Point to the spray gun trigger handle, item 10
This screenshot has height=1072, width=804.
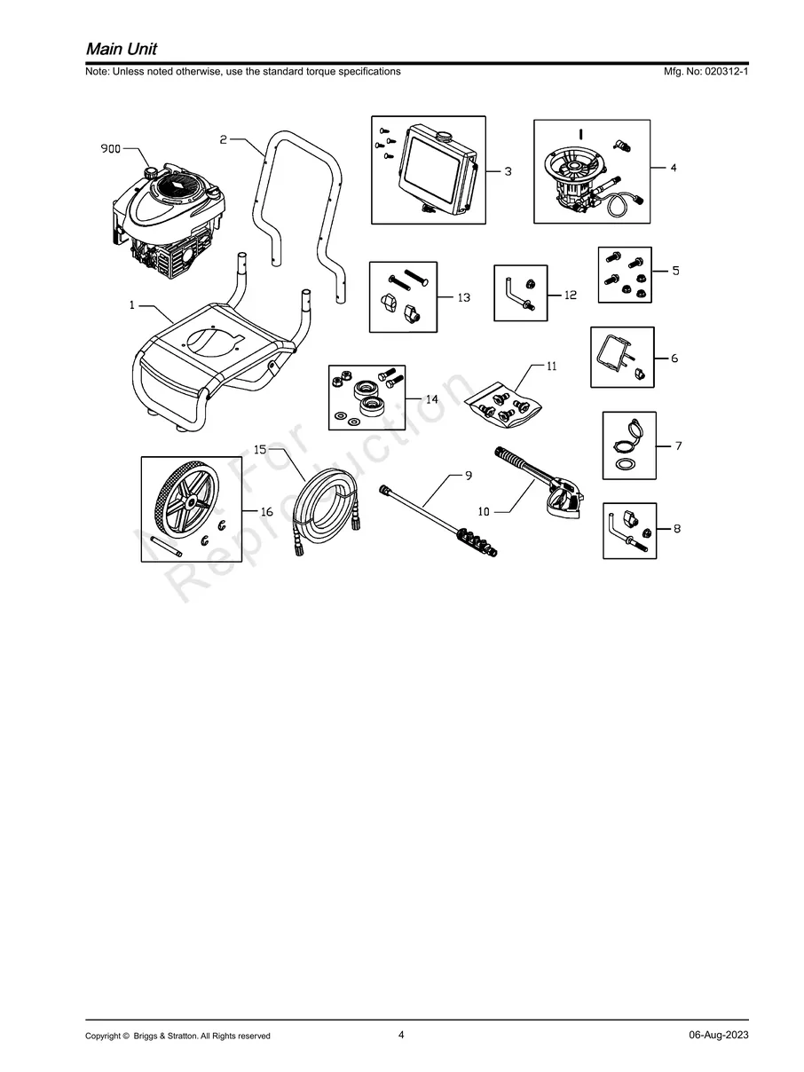point(562,499)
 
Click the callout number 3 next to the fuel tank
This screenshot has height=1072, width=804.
point(508,171)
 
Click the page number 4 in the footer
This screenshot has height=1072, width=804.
point(402,1035)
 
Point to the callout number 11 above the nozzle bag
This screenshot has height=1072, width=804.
point(551,366)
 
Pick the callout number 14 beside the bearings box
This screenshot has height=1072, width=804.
point(431,399)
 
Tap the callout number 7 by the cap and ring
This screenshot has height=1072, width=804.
point(678,445)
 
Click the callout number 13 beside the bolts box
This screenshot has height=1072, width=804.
point(463,297)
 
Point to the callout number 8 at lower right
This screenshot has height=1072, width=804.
point(677,529)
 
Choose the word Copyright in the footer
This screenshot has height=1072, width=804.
point(102,1036)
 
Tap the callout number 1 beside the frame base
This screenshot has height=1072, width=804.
point(131,305)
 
